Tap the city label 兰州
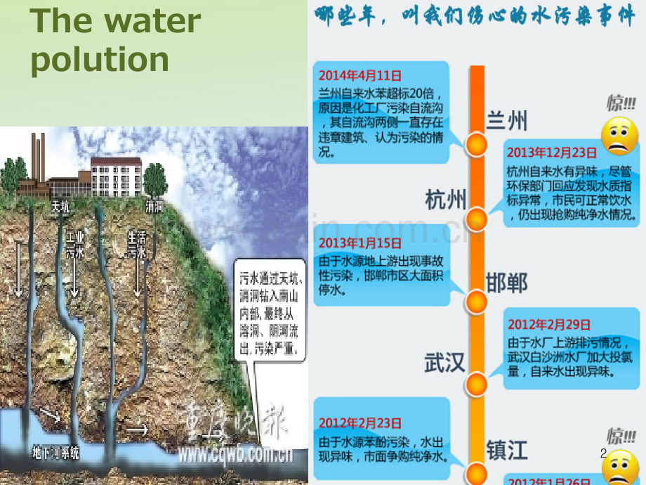pyautogui.click(x=506, y=121)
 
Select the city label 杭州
pyautogui.click(x=445, y=200)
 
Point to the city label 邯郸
pyautogui.click(x=507, y=283)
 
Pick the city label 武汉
pyautogui.click(x=445, y=363)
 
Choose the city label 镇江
pyautogui.click(x=507, y=447)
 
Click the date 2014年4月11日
pyautogui.click(x=360, y=75)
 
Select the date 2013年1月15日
pyautogui.click(x=360, y=242)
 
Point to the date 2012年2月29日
pyautogui.click(x=551, y=325)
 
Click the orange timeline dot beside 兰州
pyautogui.click(x=477, y=145)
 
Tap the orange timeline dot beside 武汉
pyautogui.click(x=477, y=384)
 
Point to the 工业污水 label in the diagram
pyautogui.click(x=75, y=246)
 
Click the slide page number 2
pyautogui.click(x=603, y=455)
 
